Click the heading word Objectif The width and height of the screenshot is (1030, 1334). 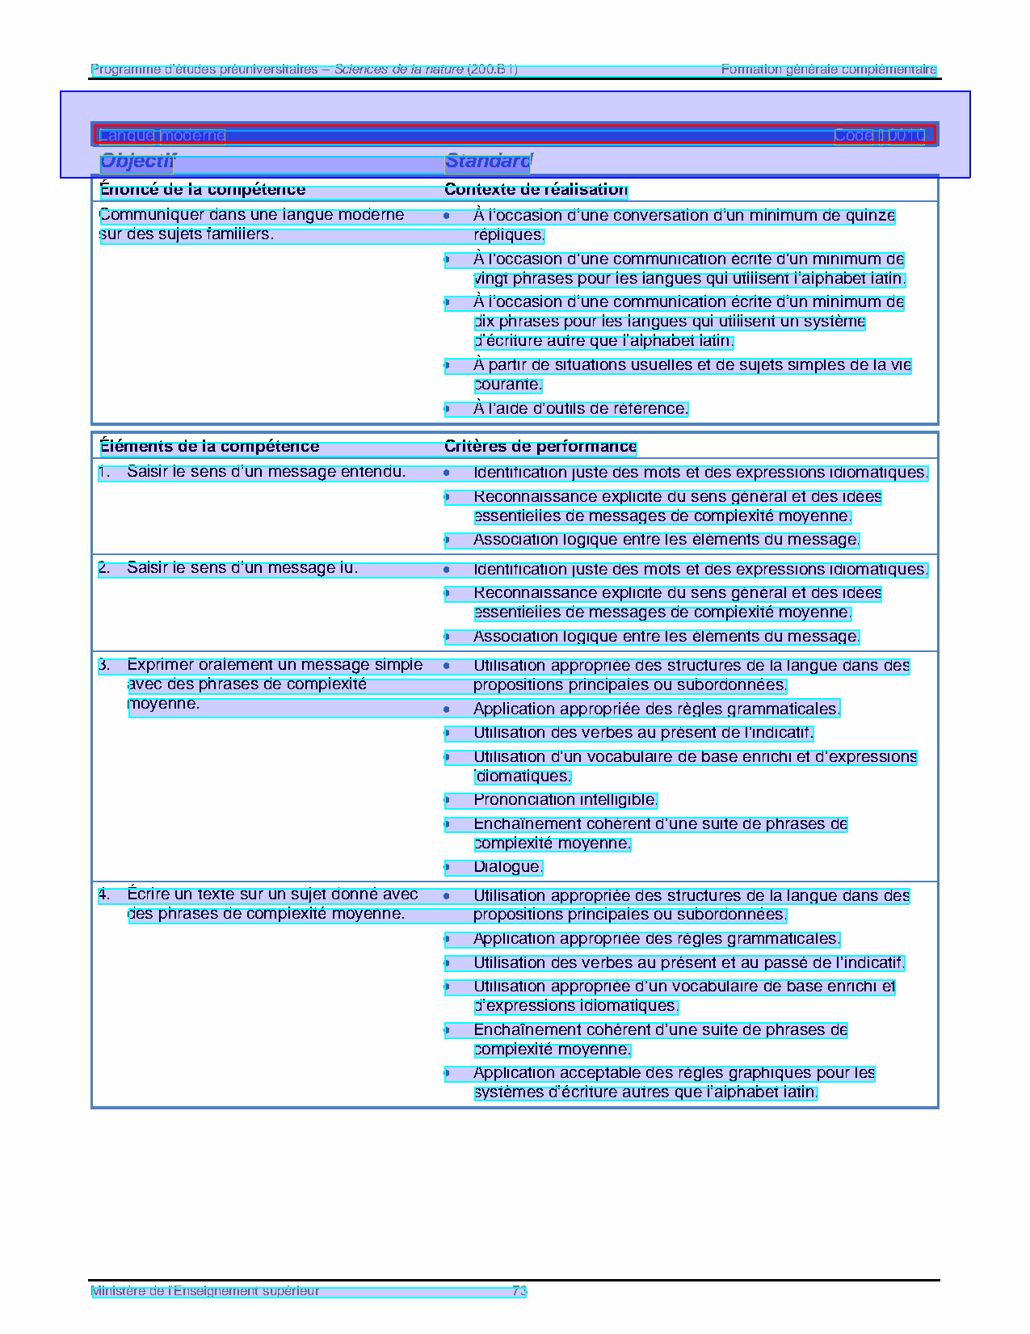(x=137, y=162)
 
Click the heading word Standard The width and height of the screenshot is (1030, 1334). (x=487, y=162)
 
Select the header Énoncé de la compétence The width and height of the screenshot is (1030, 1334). (x=203, y=190)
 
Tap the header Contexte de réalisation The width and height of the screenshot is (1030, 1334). (x=536, y=190)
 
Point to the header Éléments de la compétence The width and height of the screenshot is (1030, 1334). (x=209, y=447)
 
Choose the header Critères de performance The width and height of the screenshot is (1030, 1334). (x=540, y=447)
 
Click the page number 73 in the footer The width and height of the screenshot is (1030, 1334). (x=519, y=1291)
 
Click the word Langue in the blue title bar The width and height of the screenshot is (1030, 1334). (x=126, y=136)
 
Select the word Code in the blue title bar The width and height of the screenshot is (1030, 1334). (x=853, y=136)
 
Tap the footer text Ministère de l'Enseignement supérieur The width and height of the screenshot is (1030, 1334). (x=205, y=1291)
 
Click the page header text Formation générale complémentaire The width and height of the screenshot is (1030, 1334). (x=829, y=69)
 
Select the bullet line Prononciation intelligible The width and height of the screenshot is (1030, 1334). (x=565, y=801)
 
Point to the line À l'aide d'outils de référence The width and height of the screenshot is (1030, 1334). (x=580, y=409)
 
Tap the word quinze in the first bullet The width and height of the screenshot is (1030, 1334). (x=870, y=216)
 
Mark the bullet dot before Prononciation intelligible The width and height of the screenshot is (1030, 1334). (x=447, y=801)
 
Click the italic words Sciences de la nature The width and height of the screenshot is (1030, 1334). (x=399, y=69)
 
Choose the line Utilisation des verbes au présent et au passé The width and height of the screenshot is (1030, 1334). (x=688, y=963)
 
